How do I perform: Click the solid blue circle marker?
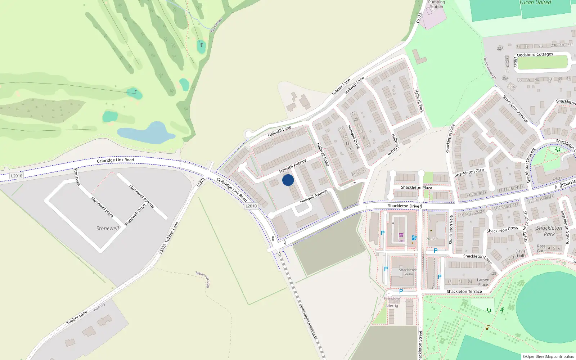pyautogui.click(x=288, y=180)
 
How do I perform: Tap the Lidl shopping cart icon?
pyautogui.click(x=401, y=235)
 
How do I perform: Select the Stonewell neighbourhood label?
pyautogui.click(x=107, y=228)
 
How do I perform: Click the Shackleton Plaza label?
pyautogui.click(x=417, y=188)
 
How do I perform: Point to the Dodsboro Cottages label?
pyautogui.click(x=535, y=55)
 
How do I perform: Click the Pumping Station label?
pyautogui.click(x=436, y=4)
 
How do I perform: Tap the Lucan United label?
pyautogui.click(x=535, y=3)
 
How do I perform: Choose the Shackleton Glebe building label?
pyautogui.click(x=408, y=272)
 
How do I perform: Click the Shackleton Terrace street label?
pyautogui.click(x=464, y=291)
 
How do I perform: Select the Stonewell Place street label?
pyautogui.click(x=102, y=207)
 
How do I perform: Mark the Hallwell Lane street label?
pyautogui.click(x=279, y=131)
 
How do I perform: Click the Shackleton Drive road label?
pyautogui.click(x=403, y=206)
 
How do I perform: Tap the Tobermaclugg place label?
pyautogui.click(x=203, y=279)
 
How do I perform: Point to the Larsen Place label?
pyautogui.click(x=483, y=282)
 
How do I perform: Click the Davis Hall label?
pyautogui.click(x=521, y=253)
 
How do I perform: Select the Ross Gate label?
pyautogui.click(x=541, y=249)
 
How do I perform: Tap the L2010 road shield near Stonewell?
pyautogui.click(x=17, y=176)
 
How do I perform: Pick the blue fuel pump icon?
pyautogui.click(x=414, y=238)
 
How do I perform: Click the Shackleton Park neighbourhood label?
pyautogui.click(x=549, y=231)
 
